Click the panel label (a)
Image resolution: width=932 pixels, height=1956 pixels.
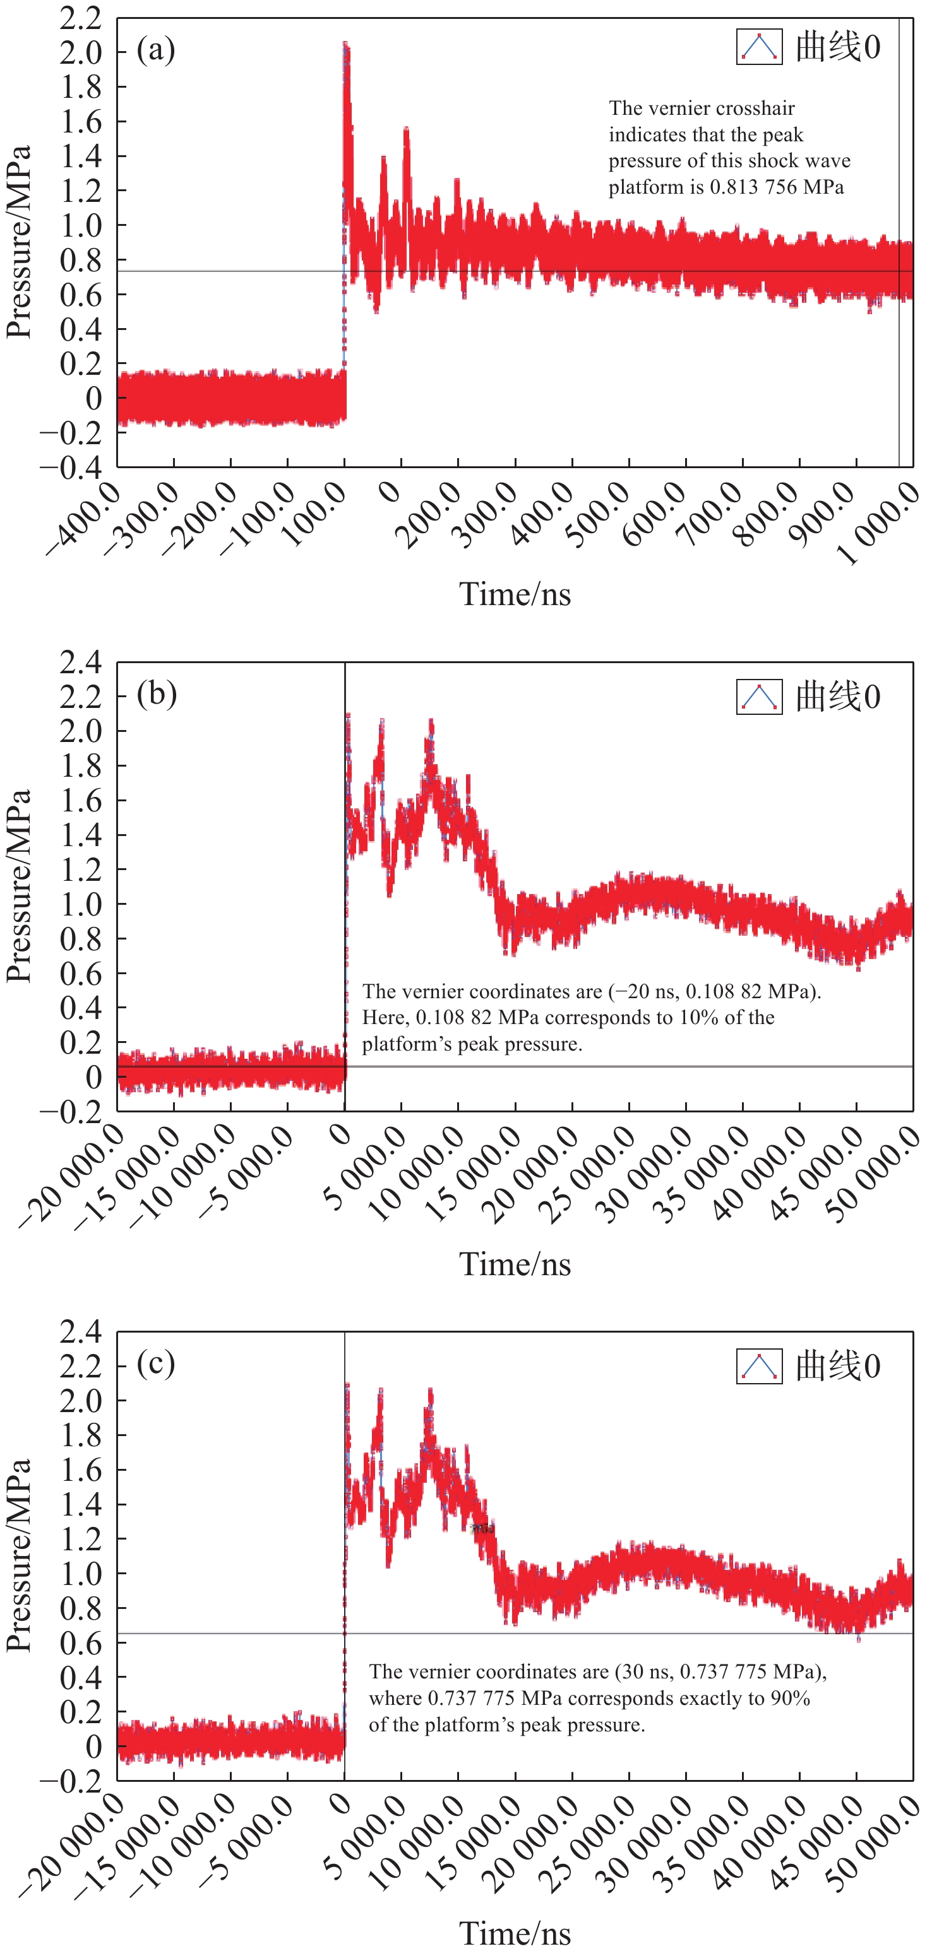point(156,50)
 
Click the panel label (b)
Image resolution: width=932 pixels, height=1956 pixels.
point(157,694)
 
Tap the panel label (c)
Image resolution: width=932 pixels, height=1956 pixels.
point(156,1364)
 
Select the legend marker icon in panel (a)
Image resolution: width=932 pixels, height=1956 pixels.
point(759,47)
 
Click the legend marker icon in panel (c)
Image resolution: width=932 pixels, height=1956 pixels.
point(759,1367)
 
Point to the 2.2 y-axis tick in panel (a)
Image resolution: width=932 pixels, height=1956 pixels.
point(81,18)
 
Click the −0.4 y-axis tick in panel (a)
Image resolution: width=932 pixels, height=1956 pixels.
point(71,467)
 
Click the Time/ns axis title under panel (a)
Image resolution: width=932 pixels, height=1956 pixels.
point(515,594)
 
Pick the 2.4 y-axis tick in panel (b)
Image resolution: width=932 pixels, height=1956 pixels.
point(81,662)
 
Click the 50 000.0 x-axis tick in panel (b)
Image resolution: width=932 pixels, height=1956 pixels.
point(873,1173)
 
